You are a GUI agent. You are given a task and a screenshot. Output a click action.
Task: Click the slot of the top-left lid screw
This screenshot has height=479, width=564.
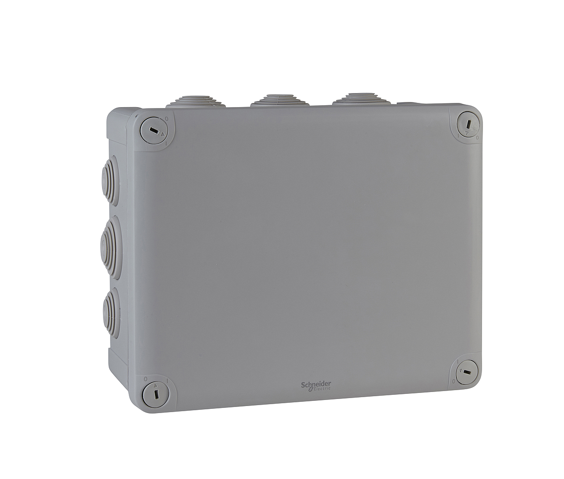154,131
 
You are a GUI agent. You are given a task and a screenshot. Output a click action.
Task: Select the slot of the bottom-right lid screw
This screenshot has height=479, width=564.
468,372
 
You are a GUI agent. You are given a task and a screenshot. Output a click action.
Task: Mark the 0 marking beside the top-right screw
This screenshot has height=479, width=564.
477,138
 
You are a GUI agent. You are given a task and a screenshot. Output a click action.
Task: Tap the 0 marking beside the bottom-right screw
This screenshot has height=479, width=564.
454,381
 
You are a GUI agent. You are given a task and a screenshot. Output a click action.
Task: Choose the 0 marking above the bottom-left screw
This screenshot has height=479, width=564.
146,379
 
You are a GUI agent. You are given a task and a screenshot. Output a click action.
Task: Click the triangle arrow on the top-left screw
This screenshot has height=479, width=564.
163,134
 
